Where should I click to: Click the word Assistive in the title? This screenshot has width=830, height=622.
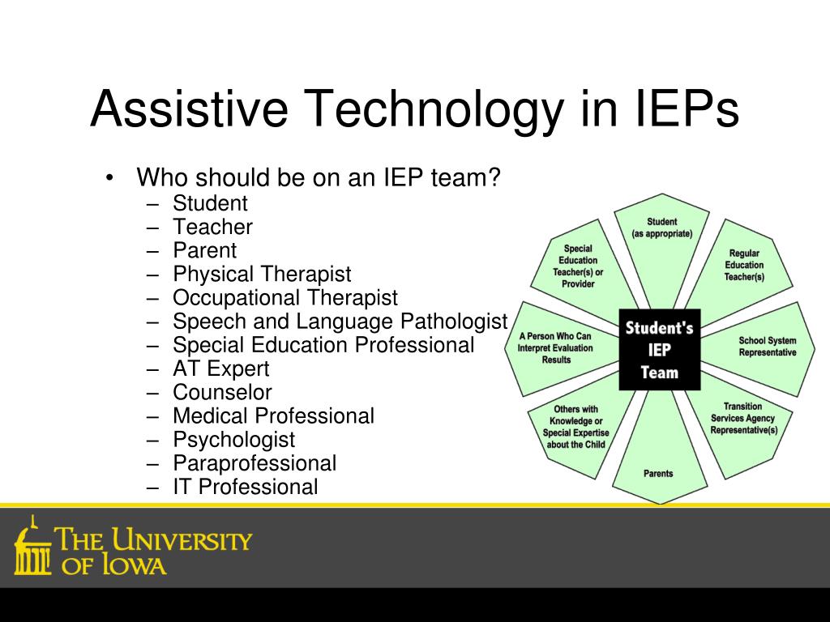pyautogui.click(x=189, y=109)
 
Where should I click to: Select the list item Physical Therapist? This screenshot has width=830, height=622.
pyautogui.click(x=262, y=275)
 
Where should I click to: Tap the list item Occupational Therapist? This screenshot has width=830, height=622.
pyautogui.click(x=285, y=298)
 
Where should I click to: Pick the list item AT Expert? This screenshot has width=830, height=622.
pyautogui.click(x=221, y=369)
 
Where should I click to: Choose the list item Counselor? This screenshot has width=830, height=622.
pyautogui.click(x=222, y=393)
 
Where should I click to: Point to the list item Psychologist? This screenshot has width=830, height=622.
pyautogui.click(x=234, y=440)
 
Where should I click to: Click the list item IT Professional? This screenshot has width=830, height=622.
pyautogui.click(x=246, y=487)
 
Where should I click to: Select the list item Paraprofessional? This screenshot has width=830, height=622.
pyautogui.click(x=255, y=463)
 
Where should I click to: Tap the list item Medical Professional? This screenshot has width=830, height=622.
pyautogui.click(x=274, y=415)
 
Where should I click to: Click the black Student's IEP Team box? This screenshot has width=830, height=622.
pyautogui.click(x=660, y=350)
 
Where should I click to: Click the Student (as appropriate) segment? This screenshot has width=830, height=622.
pyautogui.click(x=661, y=243)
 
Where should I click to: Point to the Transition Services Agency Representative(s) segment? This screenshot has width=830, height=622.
pyautogui.click(x=741, y=423)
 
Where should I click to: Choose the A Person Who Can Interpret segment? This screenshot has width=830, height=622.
pyautogui.click(x=558, y=349)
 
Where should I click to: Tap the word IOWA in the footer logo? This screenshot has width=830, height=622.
pyautogui.click(x=134, y=564)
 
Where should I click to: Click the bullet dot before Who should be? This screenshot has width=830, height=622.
pyautogui.click(x=109, y=177)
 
